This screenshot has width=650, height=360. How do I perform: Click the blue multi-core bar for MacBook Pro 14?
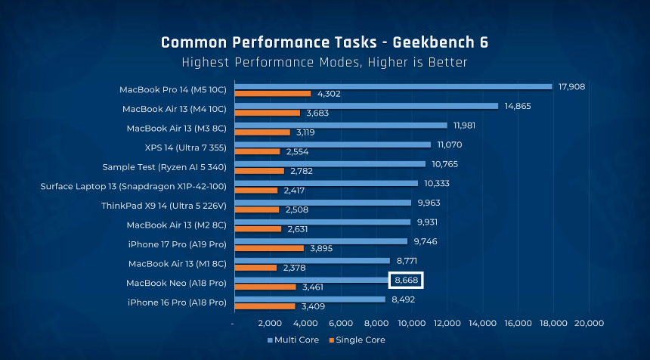click(x=393, y=86)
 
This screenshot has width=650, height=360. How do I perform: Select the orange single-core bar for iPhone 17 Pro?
click(x=269, y=248)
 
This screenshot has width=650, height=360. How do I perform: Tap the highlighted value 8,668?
click(x=406, y=281)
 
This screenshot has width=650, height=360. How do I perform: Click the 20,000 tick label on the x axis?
click(x=589, y=324)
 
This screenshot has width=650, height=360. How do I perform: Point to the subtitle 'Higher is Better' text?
click(x=416, y=62)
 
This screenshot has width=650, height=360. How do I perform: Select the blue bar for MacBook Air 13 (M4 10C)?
click(x=366, y=106)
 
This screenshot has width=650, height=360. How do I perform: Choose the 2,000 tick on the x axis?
click(x=270, y=324)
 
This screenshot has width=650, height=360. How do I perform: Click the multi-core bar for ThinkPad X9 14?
click(x=323, y=203)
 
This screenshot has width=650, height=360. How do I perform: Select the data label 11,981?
click(x=466, y=125)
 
